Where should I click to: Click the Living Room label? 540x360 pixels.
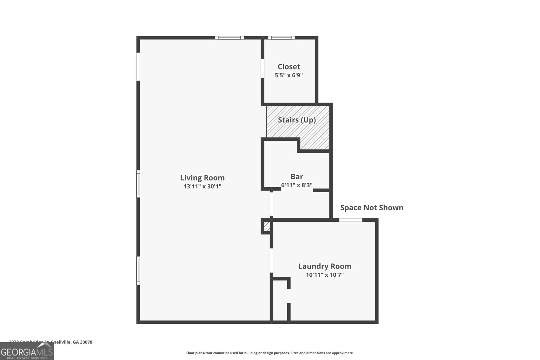[x=202, y=178]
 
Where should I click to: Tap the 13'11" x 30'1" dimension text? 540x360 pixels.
[x=202, y=186]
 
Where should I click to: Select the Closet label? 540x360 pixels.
[x=289, y=67]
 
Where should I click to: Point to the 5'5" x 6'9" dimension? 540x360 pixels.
[x=289, y=75]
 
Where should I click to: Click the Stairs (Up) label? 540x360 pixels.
[x=297, y=120]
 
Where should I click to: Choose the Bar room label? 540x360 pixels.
[x=297, y=176]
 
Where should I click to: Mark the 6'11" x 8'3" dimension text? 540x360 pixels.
[x=297, y=185]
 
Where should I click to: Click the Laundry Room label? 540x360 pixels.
[x=325, y=266]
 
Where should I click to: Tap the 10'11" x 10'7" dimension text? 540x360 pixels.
[x=325, y=275]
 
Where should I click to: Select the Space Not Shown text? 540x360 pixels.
[x=372, y=207]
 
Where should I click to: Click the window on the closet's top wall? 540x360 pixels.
[x=281, y=38]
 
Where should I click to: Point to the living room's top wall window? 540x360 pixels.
[x=230, y=38]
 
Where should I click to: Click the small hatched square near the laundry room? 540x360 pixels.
[x=267, y=226]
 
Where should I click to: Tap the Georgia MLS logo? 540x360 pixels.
[x=27, y=352]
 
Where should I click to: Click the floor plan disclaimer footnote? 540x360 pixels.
[x=270, y=353]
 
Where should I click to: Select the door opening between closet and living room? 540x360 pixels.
[x=262, y=68]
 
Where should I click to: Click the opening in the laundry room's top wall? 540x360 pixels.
[x=350, y=220]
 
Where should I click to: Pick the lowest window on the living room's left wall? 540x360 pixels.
[x=138, y=270]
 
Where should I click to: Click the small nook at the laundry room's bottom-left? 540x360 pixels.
[x=280, y=304]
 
